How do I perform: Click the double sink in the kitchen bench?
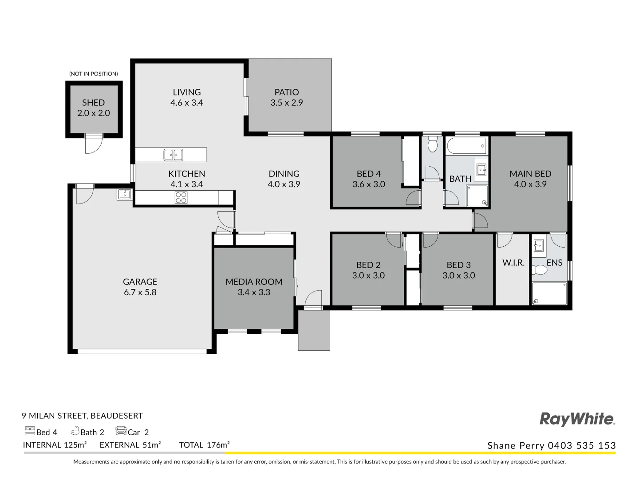click(x=173, y=155)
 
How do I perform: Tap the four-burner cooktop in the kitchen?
click(x=181, y=197)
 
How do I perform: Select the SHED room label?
click(x=94, y=103)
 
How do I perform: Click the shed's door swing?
click(x=94, y=144)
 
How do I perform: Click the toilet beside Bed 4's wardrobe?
click(x=432, y=144)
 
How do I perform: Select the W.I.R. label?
click(x=513, y=263)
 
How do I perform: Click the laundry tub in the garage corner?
click(x=125, y=194)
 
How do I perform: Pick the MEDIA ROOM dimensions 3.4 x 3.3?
click(x=254, y=292)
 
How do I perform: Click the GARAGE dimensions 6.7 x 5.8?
click(x=140, y=292)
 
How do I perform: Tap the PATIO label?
click(x=287, y=92)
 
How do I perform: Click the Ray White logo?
click(x=577, y=420)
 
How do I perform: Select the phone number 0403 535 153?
click(x=582, y=445)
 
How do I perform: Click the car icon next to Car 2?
click(x=121, y=431)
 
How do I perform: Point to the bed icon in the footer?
click(x=30, y=431)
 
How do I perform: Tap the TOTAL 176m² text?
click(x=204, y=445)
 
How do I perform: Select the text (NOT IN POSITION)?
click(x=94, y=74)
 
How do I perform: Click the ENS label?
click(x=554, y=263)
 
